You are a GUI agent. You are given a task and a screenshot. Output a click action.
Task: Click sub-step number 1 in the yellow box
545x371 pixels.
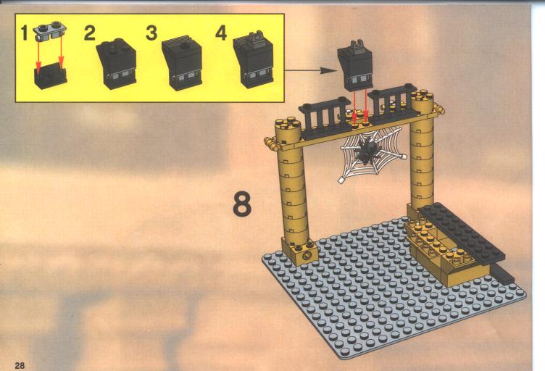click(x=24, y=34)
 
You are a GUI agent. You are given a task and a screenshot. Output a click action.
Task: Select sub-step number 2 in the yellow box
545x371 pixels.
click(x=89, y=34)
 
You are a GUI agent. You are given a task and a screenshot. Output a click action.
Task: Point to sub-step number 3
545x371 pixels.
click(x=151, y=34)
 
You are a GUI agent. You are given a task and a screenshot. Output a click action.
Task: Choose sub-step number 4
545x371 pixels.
click(x=221, y=34)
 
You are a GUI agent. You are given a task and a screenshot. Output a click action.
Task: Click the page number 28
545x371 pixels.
click(x=20, y=365)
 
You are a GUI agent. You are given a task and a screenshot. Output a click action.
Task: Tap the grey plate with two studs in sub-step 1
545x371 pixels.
click(x=51, y=31)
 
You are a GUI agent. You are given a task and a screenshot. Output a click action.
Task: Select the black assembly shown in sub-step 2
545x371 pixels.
click(x=117, y=63)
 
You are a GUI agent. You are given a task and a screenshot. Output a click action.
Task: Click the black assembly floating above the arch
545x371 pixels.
click(x=355, y=66)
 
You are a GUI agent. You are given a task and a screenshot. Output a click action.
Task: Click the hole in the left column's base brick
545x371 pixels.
click(x=307, y=257)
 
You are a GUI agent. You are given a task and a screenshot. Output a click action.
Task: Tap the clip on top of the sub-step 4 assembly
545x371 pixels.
click(x=254, y=38)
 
